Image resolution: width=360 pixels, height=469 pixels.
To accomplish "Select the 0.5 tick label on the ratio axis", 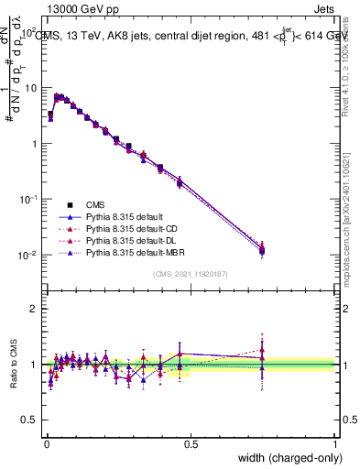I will click(29, 420).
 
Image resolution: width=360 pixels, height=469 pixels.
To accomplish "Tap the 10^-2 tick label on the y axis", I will click(27, 256).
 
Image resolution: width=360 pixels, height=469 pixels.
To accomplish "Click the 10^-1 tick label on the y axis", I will click(27, 200).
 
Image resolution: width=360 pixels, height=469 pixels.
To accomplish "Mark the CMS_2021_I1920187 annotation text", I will click(191, 273).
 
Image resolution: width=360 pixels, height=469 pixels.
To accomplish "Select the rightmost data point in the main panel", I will click(262, 249).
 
